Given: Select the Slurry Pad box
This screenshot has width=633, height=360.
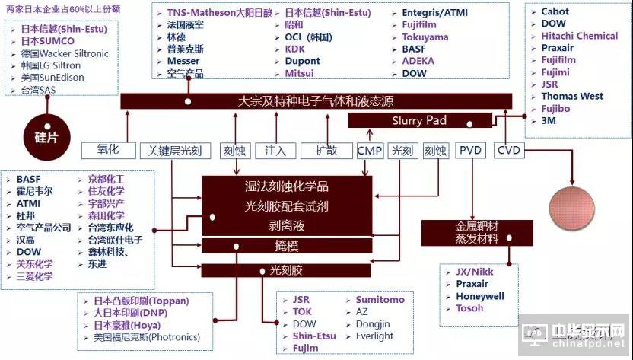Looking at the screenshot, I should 419,120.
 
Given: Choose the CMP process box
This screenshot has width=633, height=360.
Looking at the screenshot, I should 370,151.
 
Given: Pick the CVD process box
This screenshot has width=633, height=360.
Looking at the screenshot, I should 508,151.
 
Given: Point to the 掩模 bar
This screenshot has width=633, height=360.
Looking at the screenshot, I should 287,245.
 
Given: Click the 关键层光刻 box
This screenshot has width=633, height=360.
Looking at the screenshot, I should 176,151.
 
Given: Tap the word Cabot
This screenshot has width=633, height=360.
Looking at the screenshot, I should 555,12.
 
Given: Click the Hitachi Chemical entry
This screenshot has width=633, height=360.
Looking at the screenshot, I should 579,36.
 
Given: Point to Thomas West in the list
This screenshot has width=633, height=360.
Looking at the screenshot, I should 572,97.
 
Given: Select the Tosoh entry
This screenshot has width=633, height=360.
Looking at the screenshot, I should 469,308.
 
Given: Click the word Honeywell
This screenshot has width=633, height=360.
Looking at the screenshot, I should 481,296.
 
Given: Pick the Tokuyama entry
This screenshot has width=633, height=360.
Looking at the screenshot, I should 425,37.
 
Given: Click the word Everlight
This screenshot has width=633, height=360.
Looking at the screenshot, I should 374,336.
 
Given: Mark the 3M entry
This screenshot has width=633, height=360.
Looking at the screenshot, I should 549,121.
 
